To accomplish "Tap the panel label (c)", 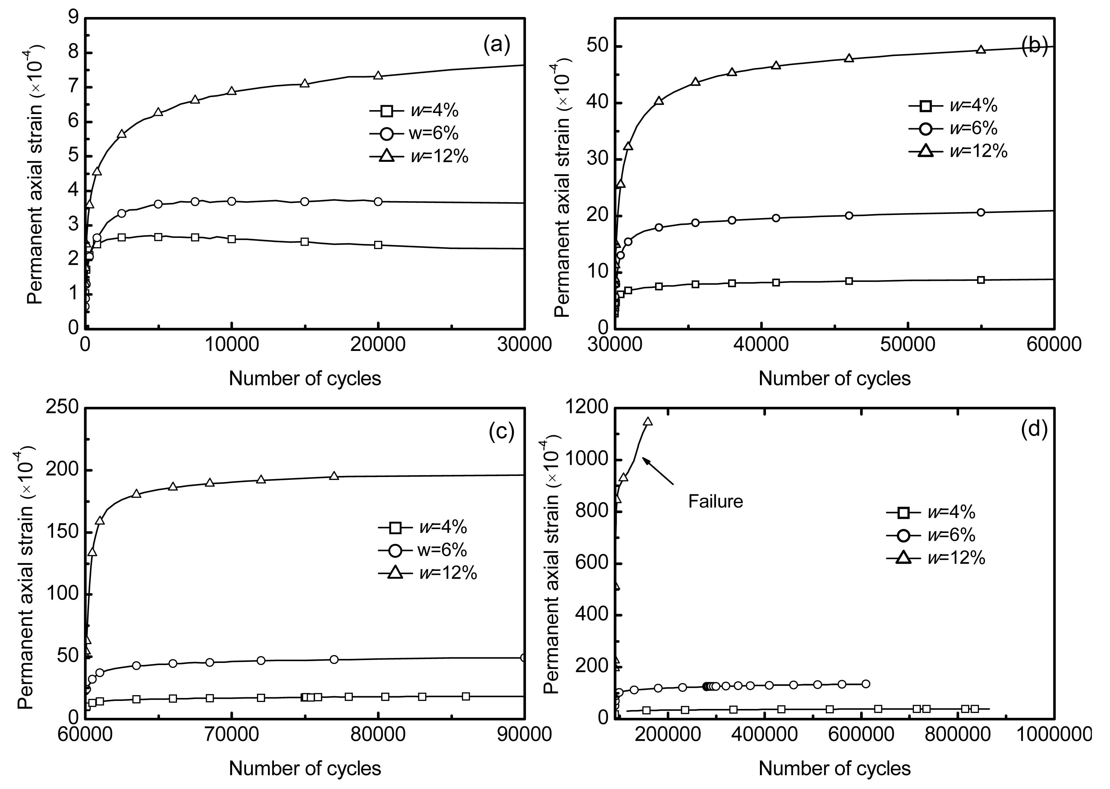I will click(x=501, y=431).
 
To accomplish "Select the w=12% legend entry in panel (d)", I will click(x=936, y=558).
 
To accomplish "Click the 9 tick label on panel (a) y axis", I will click(x=73, y=18).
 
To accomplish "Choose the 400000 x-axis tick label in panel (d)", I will click(x=764, y=734).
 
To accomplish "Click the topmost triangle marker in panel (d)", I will click(x=648, y=421).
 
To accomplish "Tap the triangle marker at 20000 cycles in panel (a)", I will click(x=378, y=75).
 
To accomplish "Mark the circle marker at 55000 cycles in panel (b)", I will click(x=981, y=212).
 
